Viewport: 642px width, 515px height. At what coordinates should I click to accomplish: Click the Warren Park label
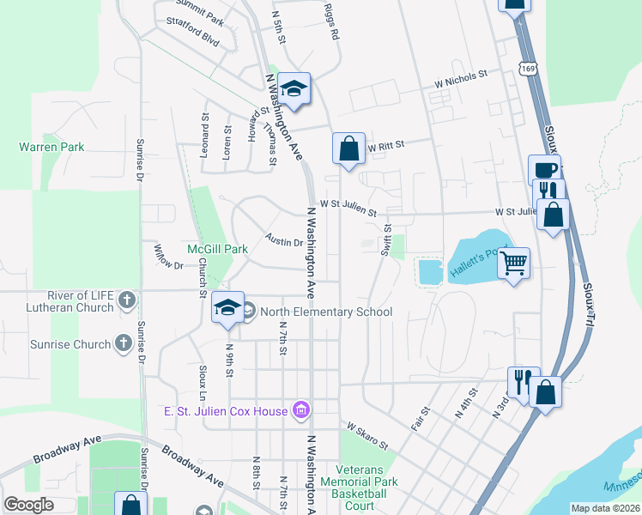coord(51,147)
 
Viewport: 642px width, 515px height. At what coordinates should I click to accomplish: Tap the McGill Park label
coord(217,249)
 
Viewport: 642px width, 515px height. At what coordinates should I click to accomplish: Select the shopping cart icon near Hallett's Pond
coord(513,264)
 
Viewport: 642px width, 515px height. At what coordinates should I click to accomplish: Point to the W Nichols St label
coord(460,75)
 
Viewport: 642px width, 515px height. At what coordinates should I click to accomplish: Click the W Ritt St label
coord(385,147)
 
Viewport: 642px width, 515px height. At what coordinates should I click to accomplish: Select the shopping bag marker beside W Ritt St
coord(348,148)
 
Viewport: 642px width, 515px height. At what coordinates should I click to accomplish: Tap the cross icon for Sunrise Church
coord(124,344)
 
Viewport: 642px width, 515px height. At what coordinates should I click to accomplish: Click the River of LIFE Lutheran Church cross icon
coord(127,300)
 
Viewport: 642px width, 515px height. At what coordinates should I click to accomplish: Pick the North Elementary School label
coord(325,312)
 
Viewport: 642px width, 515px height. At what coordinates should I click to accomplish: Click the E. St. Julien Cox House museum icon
coord(300,411)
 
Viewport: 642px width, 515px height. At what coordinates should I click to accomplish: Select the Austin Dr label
coord(284,241)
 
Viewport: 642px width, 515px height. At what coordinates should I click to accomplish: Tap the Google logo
coord(28,505)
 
